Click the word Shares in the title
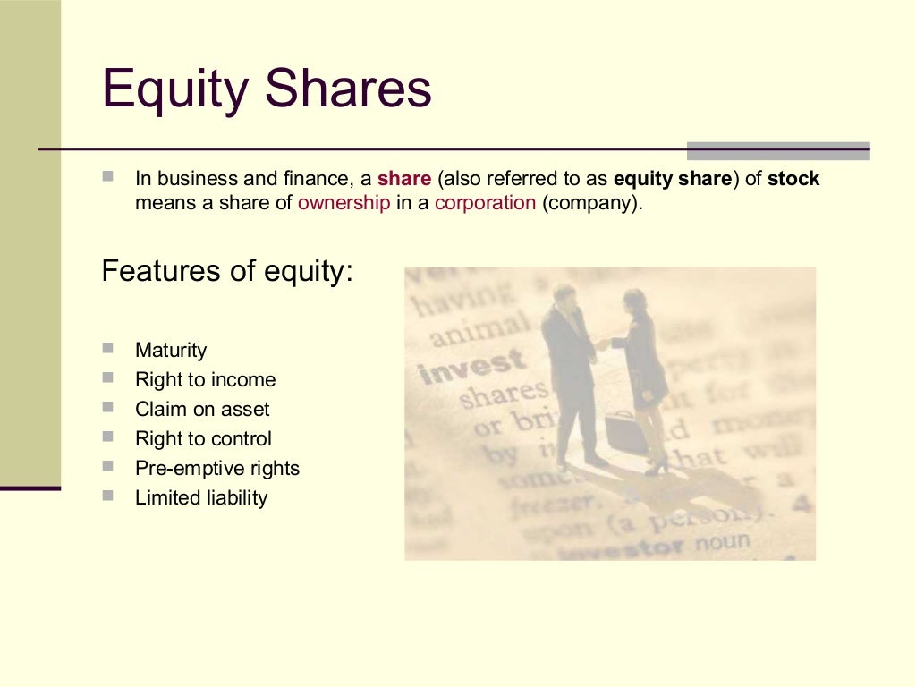[350, 90]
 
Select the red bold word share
[404, 179]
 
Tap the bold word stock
[793, 179]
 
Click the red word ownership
[343, 202]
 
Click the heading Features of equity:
[228, 271]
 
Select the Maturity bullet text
[171, 351]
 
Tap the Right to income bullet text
[205, 380]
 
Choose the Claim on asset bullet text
[202, 410]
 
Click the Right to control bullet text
[203, 439]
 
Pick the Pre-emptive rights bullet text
[217, 469]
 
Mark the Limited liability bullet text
[201, 498]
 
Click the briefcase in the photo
[625, 434]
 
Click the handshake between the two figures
[602, 343]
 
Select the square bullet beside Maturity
[108, 348]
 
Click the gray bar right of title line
[778, 151]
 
